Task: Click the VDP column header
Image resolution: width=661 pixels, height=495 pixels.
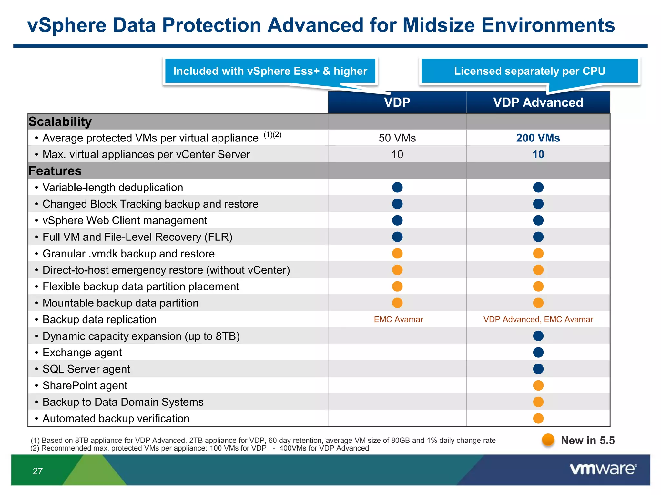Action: (x=397, y=102)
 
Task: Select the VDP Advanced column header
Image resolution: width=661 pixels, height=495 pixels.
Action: (x=538, y=102)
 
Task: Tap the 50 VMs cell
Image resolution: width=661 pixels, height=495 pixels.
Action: (x=397, y=138)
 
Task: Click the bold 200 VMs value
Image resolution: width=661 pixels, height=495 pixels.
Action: (x=538, y=138)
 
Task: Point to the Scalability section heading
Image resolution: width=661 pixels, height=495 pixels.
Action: (x=60, y=122)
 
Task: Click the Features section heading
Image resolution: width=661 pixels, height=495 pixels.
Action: (x=55, y=171)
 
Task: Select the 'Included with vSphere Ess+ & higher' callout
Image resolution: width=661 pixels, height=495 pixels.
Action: (x=270, y=71)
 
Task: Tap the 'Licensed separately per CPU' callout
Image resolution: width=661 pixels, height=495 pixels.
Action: (x=530, y=71)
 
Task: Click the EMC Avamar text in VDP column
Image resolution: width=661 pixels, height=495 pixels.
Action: (x=398, y=319)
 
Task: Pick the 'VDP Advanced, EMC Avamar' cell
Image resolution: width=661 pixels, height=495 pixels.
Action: (x=538, y=319)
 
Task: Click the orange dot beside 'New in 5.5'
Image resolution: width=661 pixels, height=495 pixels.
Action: (x=548, y=440)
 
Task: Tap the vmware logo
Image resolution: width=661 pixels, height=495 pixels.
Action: (x=603, y=469)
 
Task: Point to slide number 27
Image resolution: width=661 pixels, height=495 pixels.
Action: (x=38, y=471)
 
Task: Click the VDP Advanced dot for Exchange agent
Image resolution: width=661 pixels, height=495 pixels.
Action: (x=538, y=353)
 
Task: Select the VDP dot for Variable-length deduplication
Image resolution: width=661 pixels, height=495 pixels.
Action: (x=397, y=187)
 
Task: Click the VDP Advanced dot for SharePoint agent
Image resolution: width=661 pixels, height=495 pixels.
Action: (x=538, y=385)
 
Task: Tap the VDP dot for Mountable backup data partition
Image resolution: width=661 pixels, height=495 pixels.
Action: (x=397, y=303)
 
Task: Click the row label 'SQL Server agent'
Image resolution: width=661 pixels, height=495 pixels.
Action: (x=86, y=369)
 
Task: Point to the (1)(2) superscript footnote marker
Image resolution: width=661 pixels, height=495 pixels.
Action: (x=272, y=135)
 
